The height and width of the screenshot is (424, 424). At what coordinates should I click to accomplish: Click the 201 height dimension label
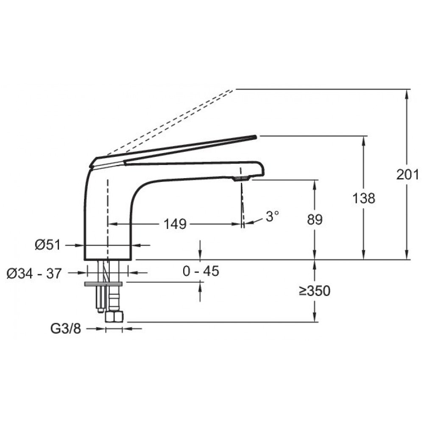point(407,174)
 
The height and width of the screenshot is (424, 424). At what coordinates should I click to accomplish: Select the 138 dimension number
point(364,198)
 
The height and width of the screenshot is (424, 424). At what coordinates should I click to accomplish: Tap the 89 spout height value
point(315,220)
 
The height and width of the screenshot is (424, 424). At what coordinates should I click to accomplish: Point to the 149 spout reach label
point(175,224)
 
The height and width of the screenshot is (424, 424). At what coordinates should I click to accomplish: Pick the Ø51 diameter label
point(47,245)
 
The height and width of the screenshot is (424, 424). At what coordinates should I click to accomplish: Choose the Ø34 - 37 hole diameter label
point(34,273)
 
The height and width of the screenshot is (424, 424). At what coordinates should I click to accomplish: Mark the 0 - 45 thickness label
point(201,271)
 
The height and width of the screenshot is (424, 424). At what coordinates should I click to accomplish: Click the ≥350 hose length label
point(315,291)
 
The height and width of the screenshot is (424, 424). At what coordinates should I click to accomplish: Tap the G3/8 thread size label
point(66,329)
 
